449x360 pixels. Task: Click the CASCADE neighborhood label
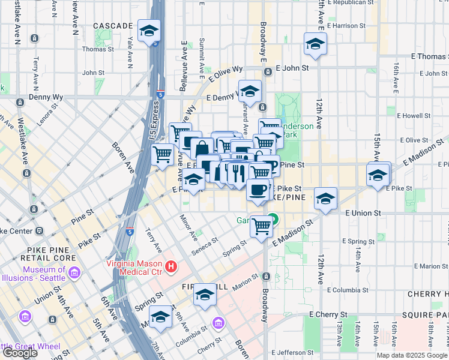[113, 26]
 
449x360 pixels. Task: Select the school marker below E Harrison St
[315, 43]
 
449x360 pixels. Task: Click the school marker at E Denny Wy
[250, 91]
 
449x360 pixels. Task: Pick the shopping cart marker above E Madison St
[261, 226]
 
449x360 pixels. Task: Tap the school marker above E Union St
[325, 198]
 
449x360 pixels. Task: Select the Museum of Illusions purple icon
[75, 274]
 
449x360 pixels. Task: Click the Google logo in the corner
[20, 353]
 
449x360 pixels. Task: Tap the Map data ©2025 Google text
[412, 355]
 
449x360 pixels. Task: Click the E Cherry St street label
[328, 314]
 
